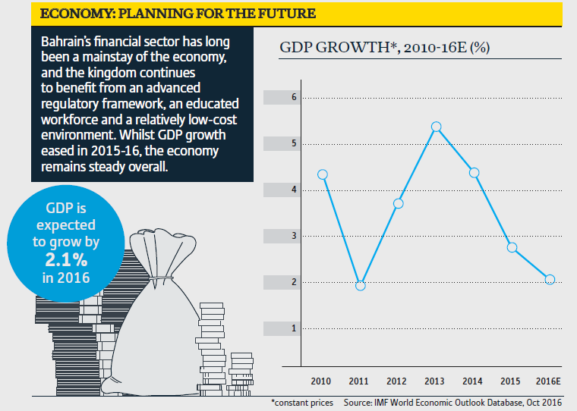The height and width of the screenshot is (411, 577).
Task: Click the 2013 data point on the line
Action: coord(436,127)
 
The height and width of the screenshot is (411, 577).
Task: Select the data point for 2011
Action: coord(361,285)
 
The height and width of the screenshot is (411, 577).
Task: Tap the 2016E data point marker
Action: coord(550,280)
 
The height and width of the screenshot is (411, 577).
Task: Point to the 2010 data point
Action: coord(323,174)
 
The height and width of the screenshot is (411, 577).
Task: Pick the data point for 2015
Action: coord(512,247)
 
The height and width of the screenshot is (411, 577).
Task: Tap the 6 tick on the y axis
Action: coord(294,98)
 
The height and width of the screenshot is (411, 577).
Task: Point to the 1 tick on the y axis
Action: coord(294,328)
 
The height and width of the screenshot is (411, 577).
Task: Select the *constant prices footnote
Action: coord(302,402)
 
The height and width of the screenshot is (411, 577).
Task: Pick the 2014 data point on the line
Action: coord(474,173)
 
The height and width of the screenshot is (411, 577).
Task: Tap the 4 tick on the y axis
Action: coord(294,190)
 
